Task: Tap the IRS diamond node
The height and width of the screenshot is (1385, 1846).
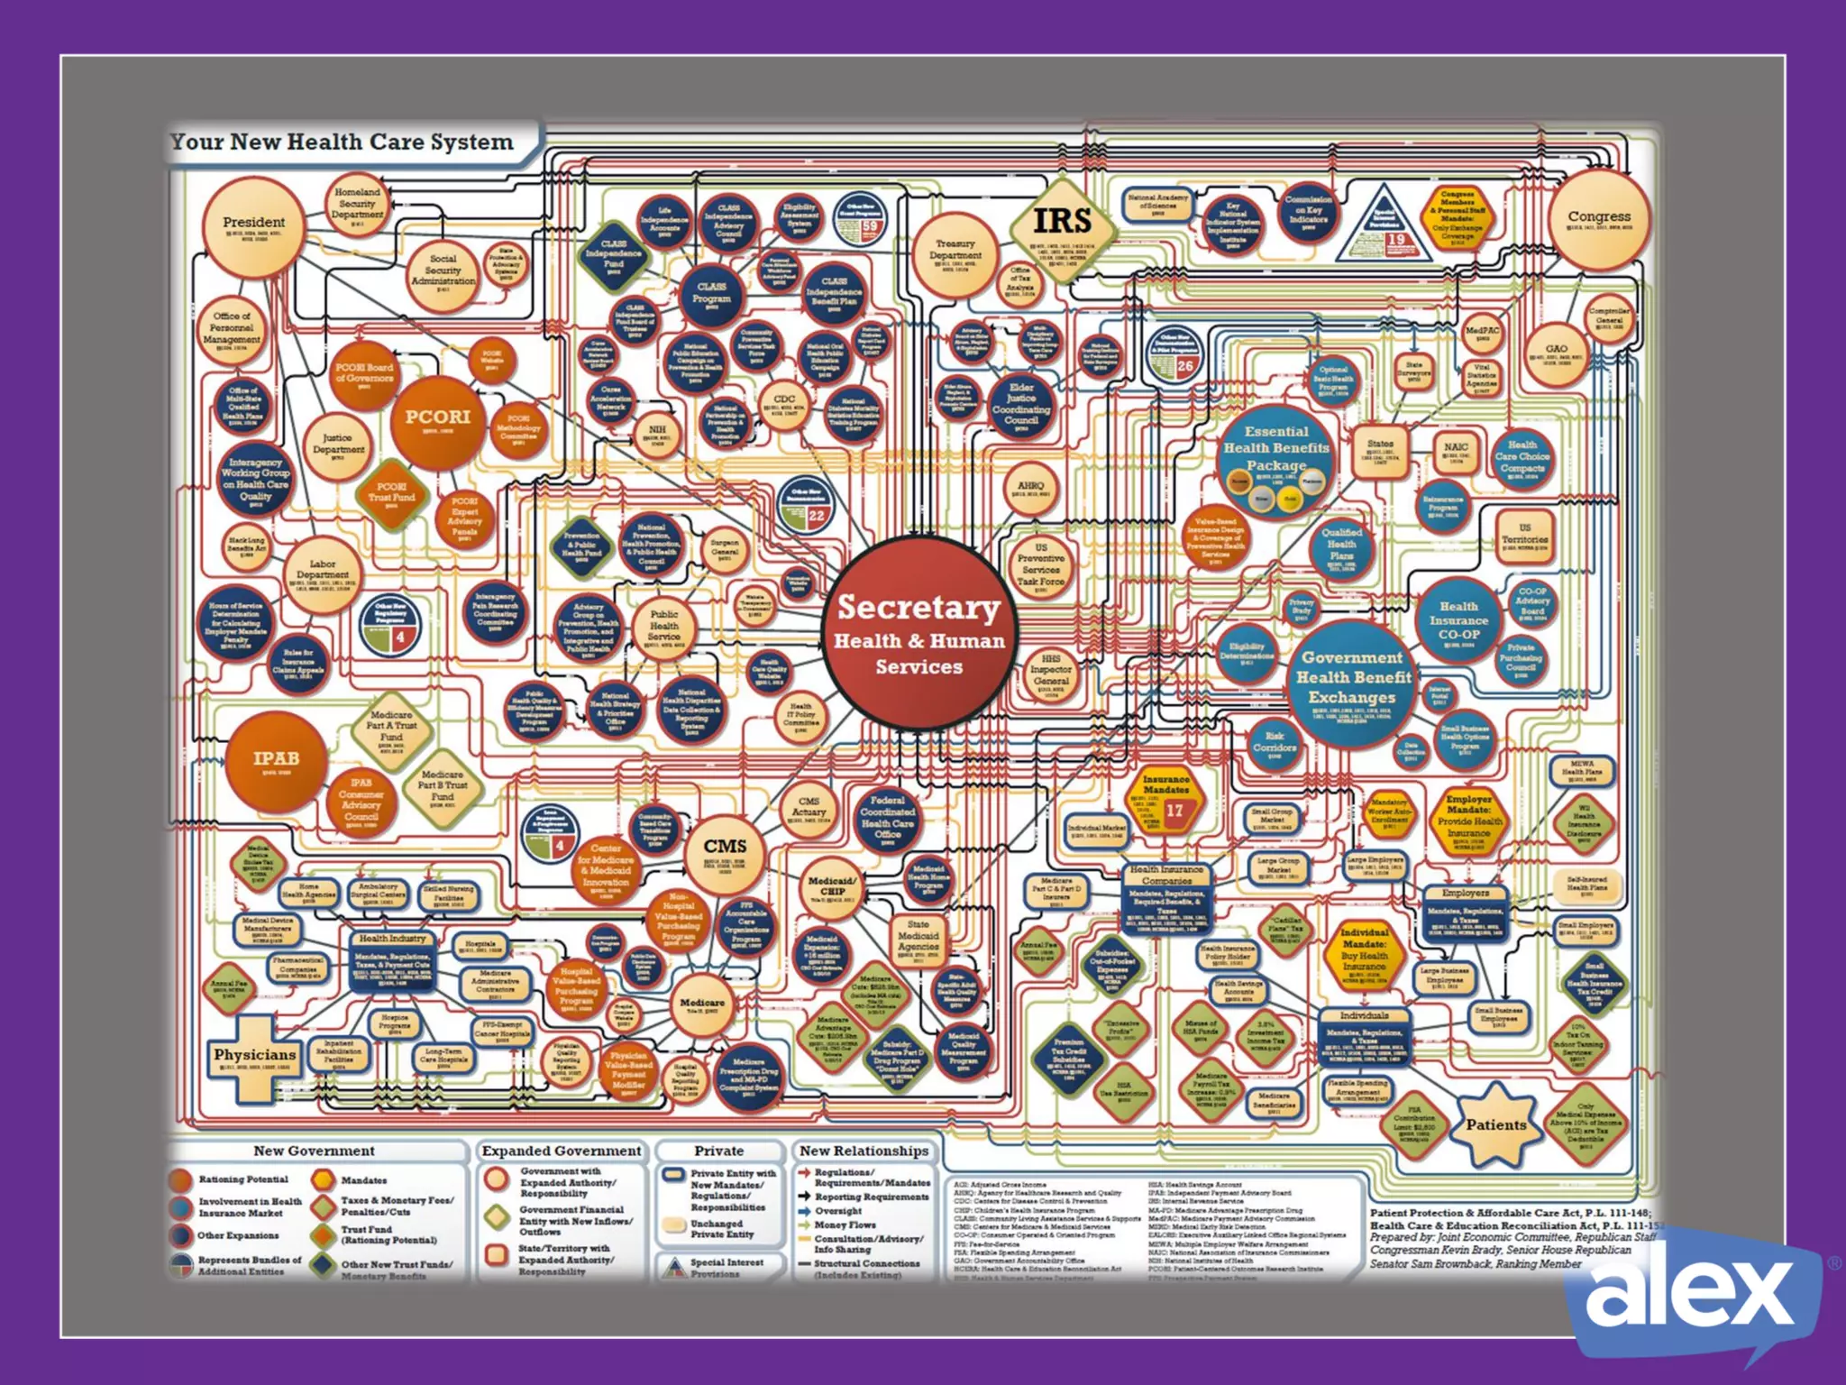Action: tap(1062, 223)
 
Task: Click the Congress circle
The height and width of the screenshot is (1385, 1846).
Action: tap(1598, 219)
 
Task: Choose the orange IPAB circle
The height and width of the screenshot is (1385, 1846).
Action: tap(276, 760)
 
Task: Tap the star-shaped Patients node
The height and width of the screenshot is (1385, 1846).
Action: tap(1495, 1124)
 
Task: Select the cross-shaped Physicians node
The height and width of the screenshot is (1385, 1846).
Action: tap(254, 1056)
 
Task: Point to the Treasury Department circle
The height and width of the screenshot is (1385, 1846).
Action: tap(955, 252)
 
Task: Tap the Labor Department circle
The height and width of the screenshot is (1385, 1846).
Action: tap(322, 573)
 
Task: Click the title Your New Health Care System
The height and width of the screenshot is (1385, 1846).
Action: tap(343, 142)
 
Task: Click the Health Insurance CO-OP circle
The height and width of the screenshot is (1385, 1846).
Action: tap(1458, 620)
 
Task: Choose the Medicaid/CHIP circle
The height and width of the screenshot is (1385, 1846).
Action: tap(832, 887)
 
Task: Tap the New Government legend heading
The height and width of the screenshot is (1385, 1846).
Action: tap(314, 1151)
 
